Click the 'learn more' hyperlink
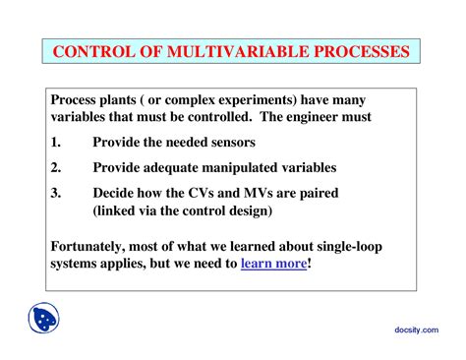click(273, 264)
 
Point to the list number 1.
click(56, 142)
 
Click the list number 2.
click(56, 167)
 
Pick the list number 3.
click(56, 193)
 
